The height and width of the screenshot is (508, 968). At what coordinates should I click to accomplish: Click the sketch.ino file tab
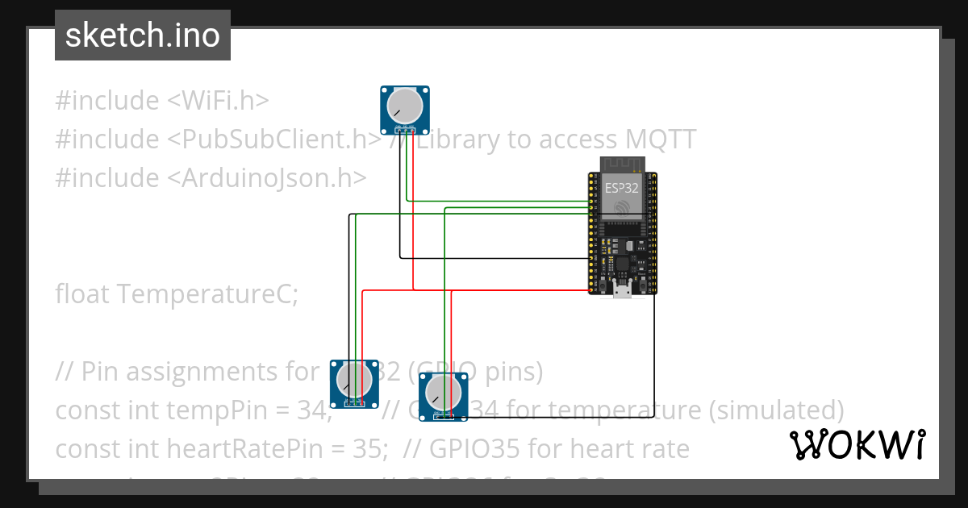[x=142, y=35]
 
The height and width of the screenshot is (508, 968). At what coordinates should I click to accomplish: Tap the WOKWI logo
[x=857, y=445]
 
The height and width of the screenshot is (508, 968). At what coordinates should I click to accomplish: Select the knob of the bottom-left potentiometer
[x=354, y=379]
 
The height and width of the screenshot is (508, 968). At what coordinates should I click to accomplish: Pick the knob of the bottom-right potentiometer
[x=443, y=392]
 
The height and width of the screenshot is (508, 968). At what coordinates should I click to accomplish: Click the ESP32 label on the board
[x=622, y=188]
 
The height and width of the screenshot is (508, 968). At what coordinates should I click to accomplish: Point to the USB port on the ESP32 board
[x=622, y=292]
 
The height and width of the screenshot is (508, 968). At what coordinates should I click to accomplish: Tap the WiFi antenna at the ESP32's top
[x=622, y=164]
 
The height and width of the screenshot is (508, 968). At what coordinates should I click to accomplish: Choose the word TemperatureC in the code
[x=207, y=294]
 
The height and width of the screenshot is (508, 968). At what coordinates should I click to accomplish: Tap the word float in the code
[x=82, y=294]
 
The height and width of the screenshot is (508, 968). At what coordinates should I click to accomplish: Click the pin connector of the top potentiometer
[x=404, y=128]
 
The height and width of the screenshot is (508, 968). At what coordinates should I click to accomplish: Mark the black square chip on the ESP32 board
[x=622, y=264]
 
